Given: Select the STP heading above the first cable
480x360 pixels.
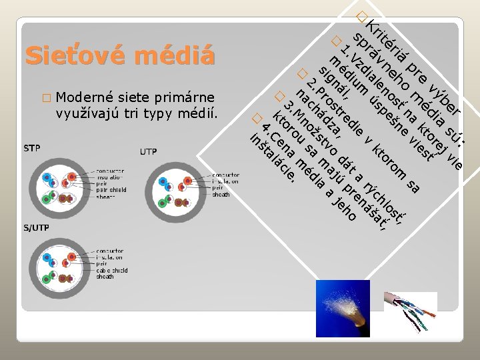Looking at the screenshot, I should pos(31,147).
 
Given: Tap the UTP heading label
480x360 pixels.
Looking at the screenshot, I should pos(148,152).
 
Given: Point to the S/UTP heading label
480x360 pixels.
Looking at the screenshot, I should pos(36,229).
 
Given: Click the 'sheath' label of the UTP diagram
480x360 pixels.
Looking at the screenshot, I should pos(221,194).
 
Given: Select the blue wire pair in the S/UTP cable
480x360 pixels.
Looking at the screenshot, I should pos(50,260).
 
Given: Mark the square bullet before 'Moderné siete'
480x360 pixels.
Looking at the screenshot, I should pos(45,98).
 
